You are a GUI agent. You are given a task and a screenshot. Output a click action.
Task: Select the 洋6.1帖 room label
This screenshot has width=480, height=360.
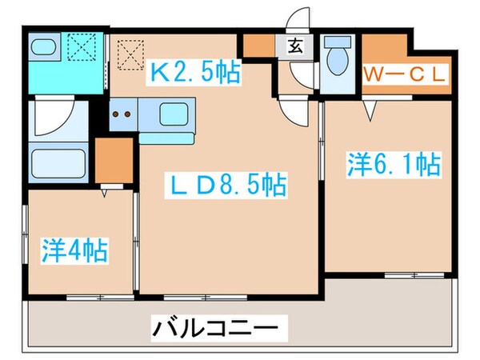(393, 166)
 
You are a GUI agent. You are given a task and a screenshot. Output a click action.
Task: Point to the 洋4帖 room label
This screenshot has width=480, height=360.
(75, 250)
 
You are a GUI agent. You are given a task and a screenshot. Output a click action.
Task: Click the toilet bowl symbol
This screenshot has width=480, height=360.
(338, 58)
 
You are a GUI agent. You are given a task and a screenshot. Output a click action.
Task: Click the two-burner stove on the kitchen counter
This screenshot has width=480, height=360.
(123, 114)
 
